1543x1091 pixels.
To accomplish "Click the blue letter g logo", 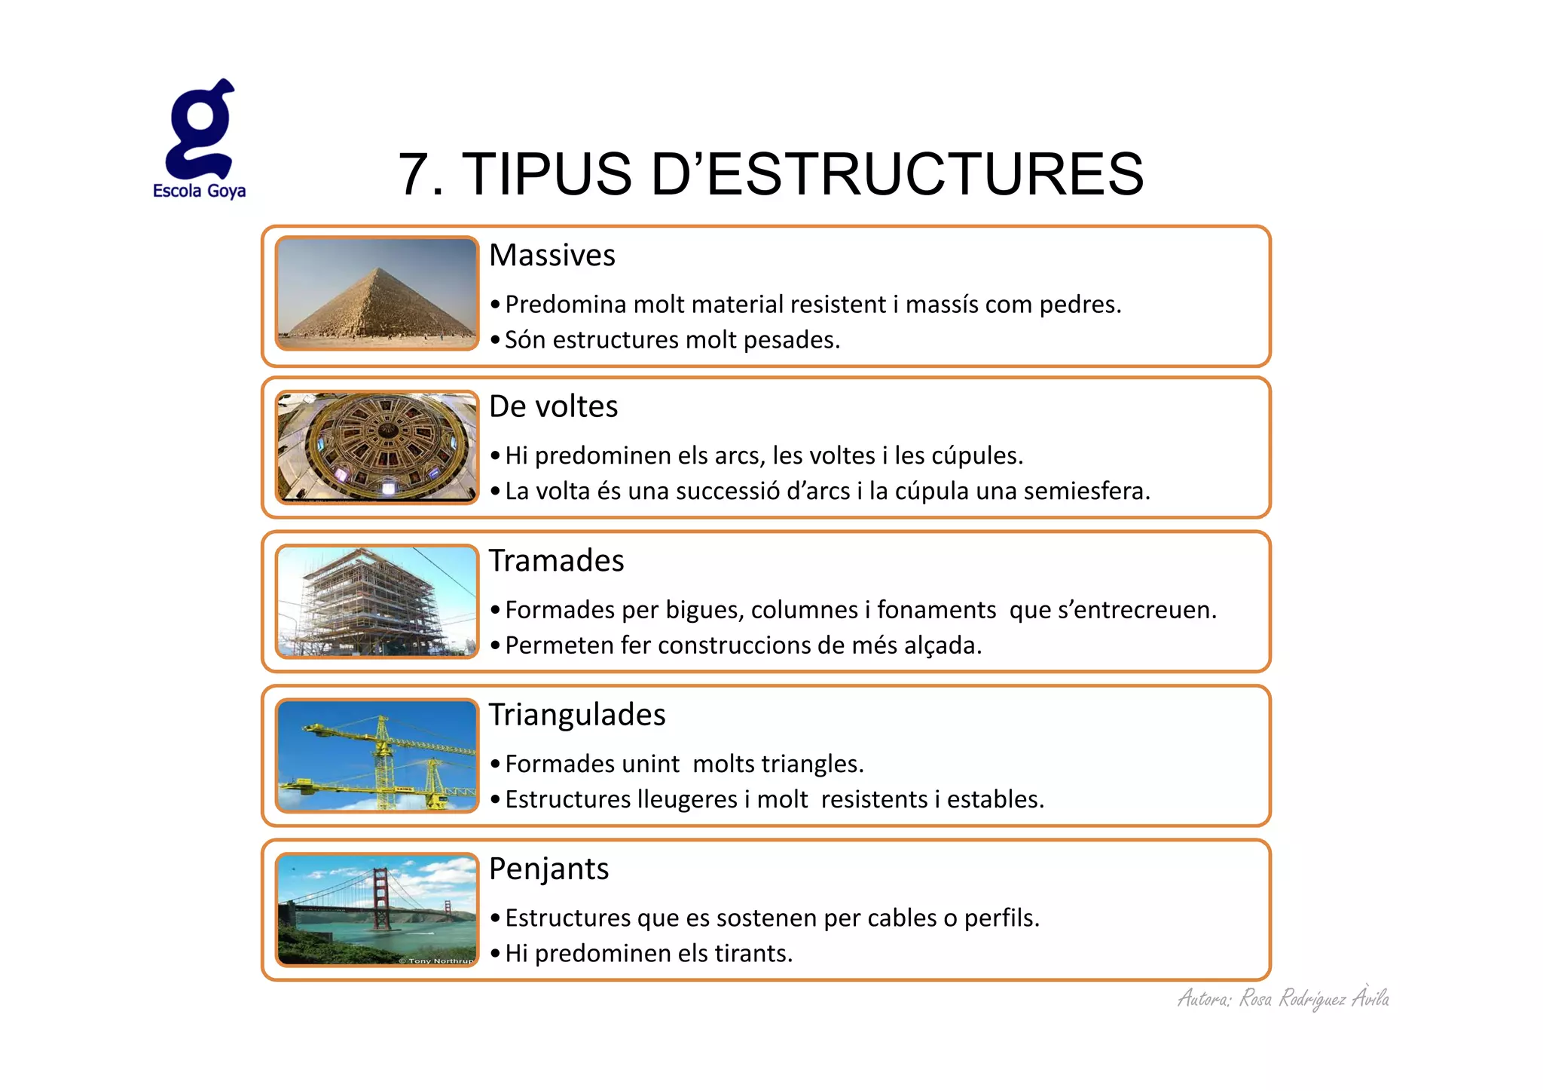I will pos(200,130).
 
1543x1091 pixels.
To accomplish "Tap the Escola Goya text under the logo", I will pos(199,191).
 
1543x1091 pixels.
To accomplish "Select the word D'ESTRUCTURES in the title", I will pos(897,175).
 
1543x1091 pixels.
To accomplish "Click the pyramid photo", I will pos(377,293).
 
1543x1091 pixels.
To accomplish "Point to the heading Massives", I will pos(552,256).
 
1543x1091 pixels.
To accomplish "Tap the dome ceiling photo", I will pos(377,447).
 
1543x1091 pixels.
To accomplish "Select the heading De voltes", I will pos(553,406).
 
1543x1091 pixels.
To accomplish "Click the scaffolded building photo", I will pos(377,602).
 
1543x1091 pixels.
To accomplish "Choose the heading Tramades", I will pos(556,561).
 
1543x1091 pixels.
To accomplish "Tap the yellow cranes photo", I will pos(377,755).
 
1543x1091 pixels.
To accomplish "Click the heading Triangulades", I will pos(577,715).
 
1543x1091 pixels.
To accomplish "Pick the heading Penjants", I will pos(548,869).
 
